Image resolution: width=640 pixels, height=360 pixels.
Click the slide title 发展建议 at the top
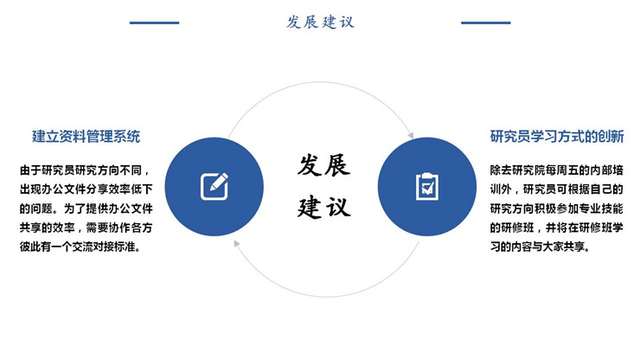320,22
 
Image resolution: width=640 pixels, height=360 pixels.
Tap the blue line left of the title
154,22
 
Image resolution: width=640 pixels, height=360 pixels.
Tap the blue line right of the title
486,22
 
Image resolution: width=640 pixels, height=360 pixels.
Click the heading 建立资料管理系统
86,137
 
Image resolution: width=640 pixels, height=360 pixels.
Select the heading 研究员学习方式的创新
557,137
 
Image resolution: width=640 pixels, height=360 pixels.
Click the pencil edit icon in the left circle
214,186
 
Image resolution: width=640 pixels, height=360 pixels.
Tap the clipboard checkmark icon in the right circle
427,186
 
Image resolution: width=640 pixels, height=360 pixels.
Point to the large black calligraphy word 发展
323,165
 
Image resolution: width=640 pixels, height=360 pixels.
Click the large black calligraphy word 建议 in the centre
323,207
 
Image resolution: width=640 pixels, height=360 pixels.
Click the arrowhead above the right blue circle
411,135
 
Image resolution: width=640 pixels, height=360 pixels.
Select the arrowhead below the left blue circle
236,243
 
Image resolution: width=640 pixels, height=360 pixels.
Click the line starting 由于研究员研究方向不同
85,170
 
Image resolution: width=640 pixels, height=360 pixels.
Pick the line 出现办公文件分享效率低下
86,190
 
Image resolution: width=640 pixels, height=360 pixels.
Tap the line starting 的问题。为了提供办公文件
86,209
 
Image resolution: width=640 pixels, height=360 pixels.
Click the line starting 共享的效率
86,228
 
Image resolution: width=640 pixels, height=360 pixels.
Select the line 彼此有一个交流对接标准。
80,247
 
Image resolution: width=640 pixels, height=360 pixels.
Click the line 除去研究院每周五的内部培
557,170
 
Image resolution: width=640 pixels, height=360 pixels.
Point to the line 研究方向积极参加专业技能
557,209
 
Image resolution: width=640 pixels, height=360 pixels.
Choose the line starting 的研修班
557,228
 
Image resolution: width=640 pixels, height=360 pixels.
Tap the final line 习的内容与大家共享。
540,247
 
